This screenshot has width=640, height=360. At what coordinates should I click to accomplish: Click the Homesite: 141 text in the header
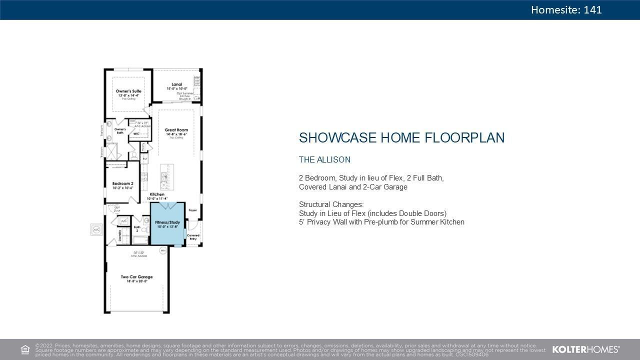click(566, 10)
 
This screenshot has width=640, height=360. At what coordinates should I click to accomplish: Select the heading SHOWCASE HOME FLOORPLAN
click(401, 138)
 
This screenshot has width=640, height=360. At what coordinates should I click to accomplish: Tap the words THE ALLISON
click(324, 160)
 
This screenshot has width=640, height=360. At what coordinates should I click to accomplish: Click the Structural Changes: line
click(331, 204)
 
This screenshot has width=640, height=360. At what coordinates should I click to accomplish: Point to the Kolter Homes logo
click(585, 349)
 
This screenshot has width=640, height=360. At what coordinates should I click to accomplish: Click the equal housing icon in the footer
click(25, 349)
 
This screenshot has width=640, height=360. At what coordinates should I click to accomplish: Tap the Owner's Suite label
click(128, 91)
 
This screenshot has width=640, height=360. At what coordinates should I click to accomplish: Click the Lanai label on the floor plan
click(176, 84)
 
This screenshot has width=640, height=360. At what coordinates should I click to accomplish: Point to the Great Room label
click(176, 130)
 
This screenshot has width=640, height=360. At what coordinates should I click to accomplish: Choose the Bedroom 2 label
click(122, 184)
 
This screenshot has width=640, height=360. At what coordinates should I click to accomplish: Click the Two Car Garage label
click(136, 277)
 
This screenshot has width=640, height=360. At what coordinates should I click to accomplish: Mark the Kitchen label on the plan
click(157, 194)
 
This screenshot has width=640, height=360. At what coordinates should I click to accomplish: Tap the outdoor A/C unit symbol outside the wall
click(95, 230)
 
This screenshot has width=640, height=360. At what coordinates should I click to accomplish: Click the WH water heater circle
click(163, 250)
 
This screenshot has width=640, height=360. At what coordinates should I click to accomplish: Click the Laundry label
click(120, 235)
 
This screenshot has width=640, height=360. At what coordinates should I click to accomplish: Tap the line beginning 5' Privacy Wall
click(381, 222)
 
